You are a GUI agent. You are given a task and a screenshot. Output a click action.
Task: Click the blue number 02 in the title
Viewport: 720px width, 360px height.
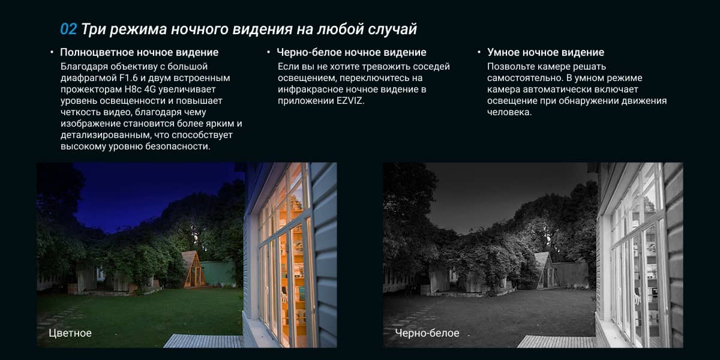(x=68, y=29)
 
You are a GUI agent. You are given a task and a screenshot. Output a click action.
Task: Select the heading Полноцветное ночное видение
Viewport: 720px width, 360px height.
(x=139, y=52)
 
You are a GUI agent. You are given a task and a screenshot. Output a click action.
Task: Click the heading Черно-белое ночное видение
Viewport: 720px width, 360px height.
(x=352, y=52)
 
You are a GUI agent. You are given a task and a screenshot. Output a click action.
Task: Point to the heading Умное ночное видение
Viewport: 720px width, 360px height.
(x=546, y=52)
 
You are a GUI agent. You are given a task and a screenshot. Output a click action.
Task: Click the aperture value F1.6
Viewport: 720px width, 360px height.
(x=128, y=78)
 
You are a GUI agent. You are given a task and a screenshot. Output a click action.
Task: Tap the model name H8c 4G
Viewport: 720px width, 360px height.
(x=140, y=89)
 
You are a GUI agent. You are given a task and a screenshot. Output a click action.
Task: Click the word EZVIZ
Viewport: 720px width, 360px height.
(x=350, y=101)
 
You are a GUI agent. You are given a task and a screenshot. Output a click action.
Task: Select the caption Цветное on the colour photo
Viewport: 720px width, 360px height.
(x=70, y=333)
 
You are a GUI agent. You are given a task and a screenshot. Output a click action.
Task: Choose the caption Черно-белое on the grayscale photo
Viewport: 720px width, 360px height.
(x=427, y=333)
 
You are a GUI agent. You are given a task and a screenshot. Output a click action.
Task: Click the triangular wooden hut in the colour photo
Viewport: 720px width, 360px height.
(x=193, y=269)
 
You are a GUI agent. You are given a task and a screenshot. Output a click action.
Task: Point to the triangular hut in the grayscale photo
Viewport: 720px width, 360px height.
(x=547, y=271)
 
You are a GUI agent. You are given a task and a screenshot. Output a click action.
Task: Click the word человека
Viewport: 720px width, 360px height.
(x=509, y=112)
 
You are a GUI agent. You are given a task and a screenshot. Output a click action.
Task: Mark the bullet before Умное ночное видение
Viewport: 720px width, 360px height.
(x=479, y=52)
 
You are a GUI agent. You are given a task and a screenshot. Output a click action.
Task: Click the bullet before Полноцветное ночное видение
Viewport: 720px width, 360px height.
(x=52, y=52)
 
